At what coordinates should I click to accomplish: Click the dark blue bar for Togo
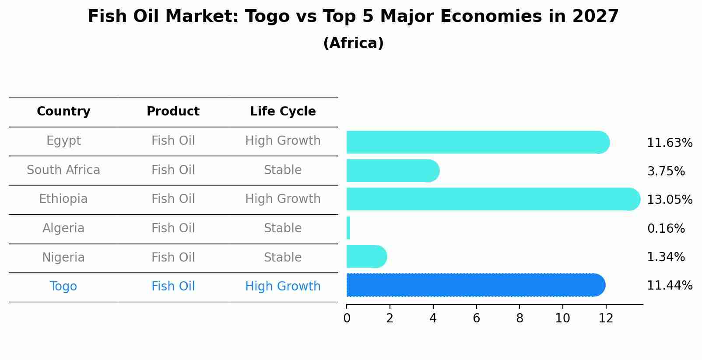point(475,285)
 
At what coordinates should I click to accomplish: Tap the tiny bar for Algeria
point(348,228)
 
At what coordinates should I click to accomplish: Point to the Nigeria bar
point(366,256)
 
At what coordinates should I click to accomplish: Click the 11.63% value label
point(669,143)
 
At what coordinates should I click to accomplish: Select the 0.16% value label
point(666,228)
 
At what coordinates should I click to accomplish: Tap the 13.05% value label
point(669,200)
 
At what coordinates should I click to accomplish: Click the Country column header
point(63,112)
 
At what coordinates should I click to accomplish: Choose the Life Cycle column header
point(283,112)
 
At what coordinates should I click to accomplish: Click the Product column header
point(173,112)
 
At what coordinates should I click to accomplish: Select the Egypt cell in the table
point(63,141)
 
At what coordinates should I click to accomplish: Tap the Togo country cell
point(63,287)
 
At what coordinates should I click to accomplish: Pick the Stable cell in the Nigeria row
point(283,257)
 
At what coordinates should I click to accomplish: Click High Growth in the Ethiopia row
point(283,199)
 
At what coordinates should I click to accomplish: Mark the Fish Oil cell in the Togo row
point(173,287)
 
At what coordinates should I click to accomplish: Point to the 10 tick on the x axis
point(562,318)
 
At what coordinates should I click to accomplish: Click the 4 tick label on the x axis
point(433,318)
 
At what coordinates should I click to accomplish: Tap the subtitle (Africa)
point(353,43)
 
